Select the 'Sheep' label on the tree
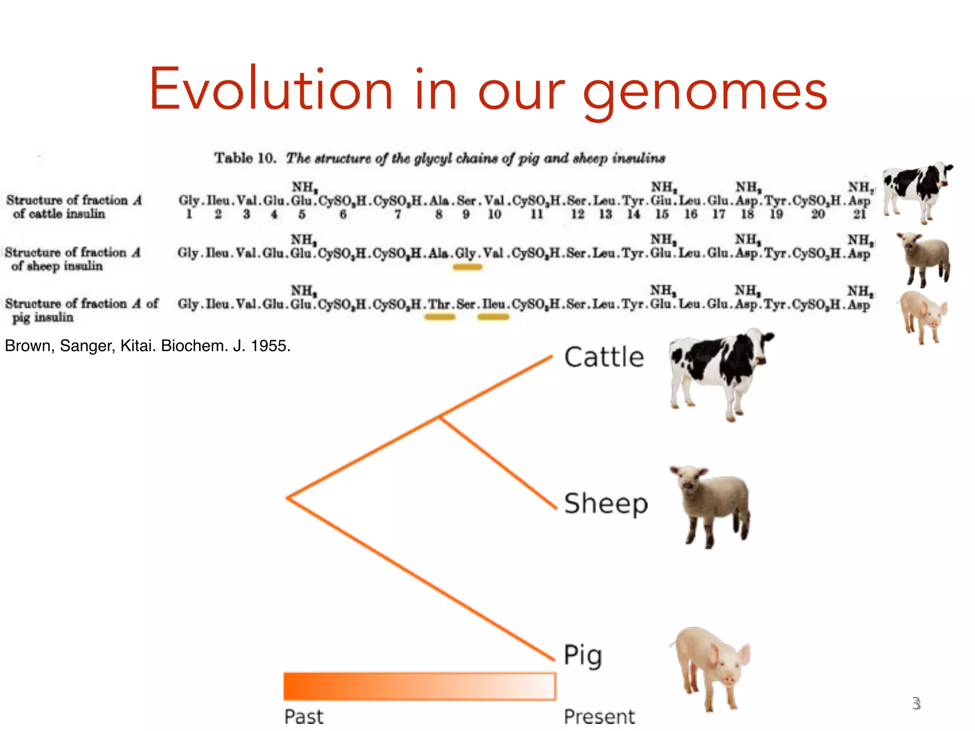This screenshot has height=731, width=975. pos(606,504)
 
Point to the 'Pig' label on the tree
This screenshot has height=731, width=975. pos(583,655)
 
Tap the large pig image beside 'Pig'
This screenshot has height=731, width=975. pos(712,666)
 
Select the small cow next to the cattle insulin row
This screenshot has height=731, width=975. pos(916,191)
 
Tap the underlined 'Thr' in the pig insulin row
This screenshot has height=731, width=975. pos(439,304)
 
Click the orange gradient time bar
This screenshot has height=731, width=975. pos(419,686)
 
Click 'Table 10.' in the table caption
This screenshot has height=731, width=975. pos(245,158)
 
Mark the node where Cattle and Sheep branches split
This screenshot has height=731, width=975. pos(439,417)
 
